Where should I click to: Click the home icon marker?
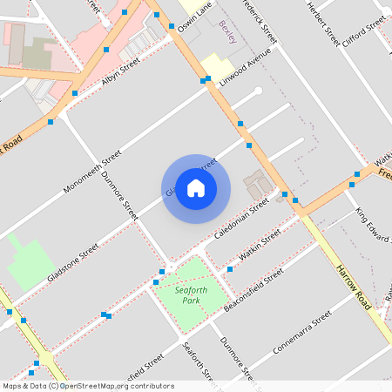(x=196, y=188)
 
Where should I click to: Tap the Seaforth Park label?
(x=186, y=295)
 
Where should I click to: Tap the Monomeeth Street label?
(x=91, y=171)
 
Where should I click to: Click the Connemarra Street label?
(x=302, y=335)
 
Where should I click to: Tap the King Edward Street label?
(x=372, y=224)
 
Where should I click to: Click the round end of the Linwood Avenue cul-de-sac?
(x=258, y=90)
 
